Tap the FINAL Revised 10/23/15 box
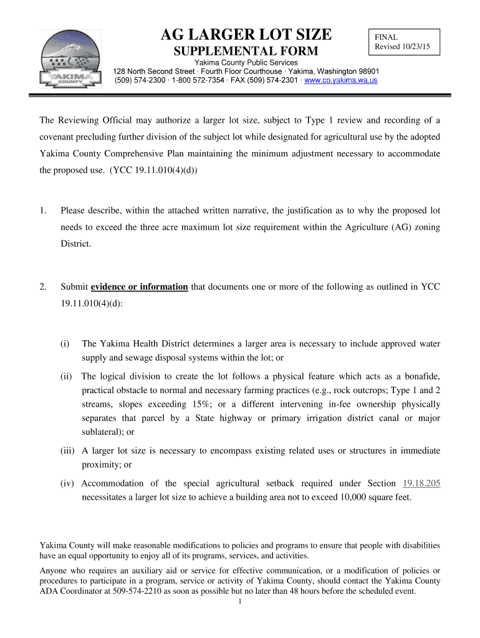pos(404,43)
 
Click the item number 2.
pos(42,287)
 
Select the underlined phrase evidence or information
pos(140,287)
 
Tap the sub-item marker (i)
pos(65,343)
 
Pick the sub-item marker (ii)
pos(66,376)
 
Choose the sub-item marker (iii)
pos(67,450)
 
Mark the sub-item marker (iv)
pos(67,483)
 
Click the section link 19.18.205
pos(422,483)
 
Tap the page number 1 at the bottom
pos(240,603)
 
